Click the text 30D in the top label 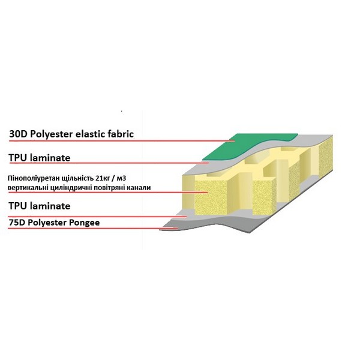click(x=18, y=134)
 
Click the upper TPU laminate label click(x=40, y=158)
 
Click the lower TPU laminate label click(x=40, y=206)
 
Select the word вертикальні click(x=26, y=188)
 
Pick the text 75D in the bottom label click(x=17, y=223)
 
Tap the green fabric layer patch click(x=250, y=146)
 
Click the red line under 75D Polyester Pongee click(x=93, y=228)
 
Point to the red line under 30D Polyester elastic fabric click(x=122, y=141)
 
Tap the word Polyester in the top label click(x=52, y=134)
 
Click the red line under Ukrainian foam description click(x=108, y=193)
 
